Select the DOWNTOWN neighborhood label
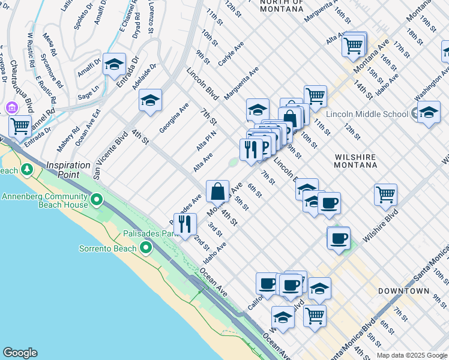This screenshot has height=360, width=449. [x=403, y=291]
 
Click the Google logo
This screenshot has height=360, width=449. [x=20, y=353]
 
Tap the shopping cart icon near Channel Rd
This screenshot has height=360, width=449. [x=20, y=127]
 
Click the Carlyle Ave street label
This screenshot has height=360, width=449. [x=231, y=53]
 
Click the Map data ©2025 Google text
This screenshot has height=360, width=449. [x=411, y=355]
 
